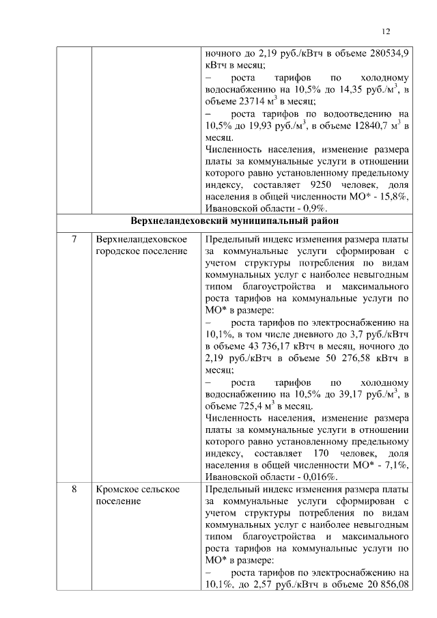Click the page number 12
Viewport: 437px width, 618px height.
(x=386, y=32)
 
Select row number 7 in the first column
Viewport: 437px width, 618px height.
(x=74, y=240)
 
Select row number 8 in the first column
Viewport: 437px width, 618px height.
(x=74, y=490)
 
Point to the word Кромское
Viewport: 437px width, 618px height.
(x=119, y=490)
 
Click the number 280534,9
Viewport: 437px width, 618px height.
(x=384, y=52)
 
